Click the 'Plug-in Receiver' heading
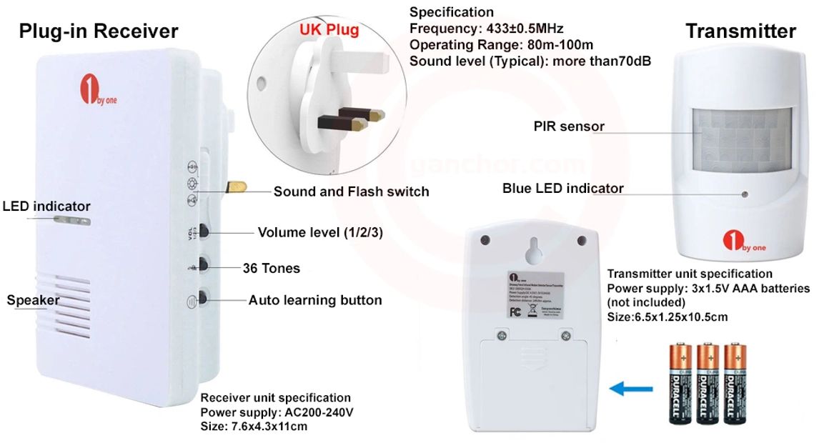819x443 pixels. point(99,31)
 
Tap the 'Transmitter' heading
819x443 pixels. point(740,31)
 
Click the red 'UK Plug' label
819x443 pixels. point(329,30)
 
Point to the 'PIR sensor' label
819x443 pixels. point(569,126)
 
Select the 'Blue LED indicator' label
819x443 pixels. point(562,189)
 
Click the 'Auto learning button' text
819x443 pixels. point(315,300)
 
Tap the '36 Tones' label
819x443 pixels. point(271,269)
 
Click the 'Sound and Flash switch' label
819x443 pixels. point(351,191)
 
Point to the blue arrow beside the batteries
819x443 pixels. point(630,389)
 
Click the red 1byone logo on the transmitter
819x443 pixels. point(730,239)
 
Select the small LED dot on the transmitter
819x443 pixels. point(745,194)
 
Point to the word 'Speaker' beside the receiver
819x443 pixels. point(33,300)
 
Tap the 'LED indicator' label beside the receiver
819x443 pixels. point(46,206)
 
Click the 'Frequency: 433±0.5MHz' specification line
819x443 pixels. point(486,29)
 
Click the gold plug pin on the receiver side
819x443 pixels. point(235,187)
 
